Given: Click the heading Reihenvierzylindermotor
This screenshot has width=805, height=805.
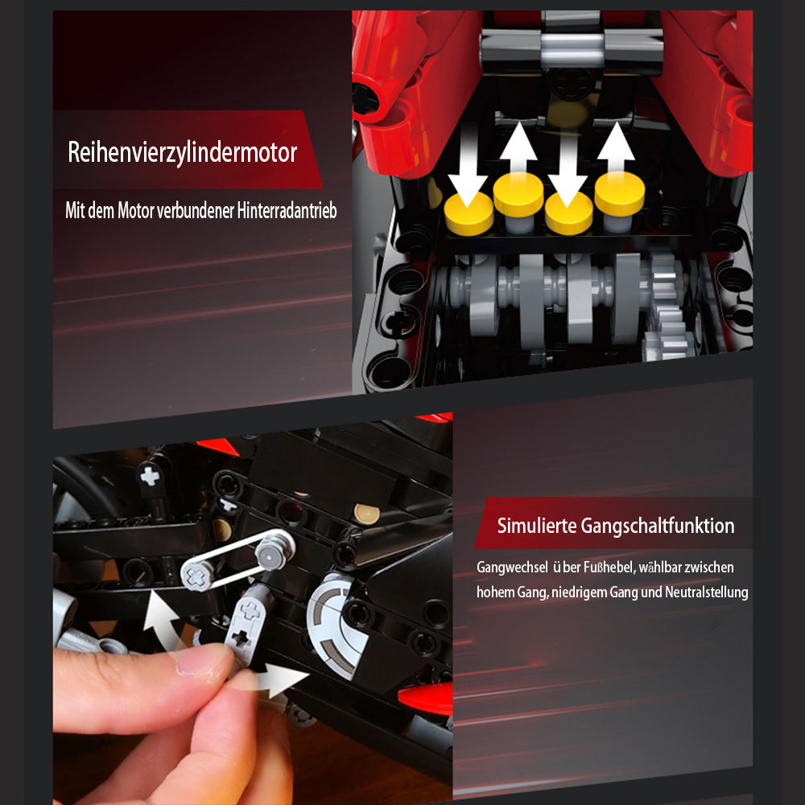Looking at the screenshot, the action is point(182,152).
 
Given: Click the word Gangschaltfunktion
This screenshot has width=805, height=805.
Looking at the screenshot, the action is point(658,526).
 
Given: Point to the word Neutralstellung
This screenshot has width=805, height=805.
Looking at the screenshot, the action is point(707,592).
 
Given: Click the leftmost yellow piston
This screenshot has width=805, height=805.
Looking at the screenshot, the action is point(469,214).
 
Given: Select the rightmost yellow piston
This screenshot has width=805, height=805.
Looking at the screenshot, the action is point(619,194).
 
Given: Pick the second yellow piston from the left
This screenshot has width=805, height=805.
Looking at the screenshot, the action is point(518,195).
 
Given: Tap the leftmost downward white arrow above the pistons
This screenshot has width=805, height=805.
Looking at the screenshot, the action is point(467,165).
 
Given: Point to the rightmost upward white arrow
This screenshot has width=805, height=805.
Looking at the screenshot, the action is point(616,149).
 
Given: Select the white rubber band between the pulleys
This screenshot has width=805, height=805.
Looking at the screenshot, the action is point(237,558).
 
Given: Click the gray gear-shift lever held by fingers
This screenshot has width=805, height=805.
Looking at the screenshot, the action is point(246,626).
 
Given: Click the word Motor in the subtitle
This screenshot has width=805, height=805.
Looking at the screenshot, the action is point(135,210).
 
